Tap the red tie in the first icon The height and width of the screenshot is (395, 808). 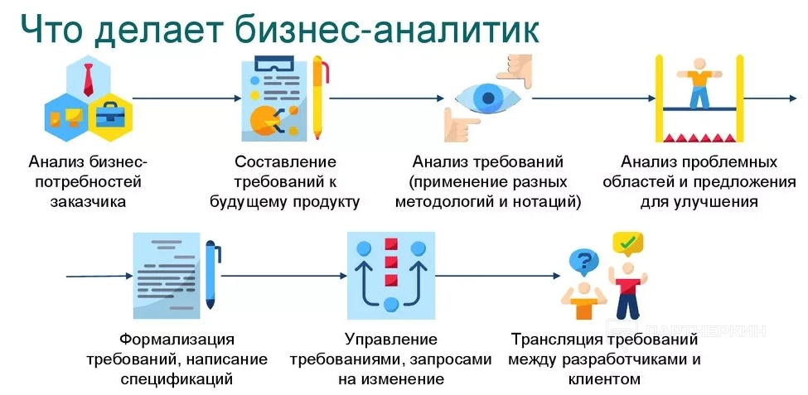88,78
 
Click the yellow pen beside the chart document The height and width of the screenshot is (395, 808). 319,98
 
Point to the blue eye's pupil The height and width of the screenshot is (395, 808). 489,98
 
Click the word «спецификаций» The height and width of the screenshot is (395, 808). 177,380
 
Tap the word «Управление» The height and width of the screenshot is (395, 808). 390,340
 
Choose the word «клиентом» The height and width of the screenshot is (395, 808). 605,380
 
